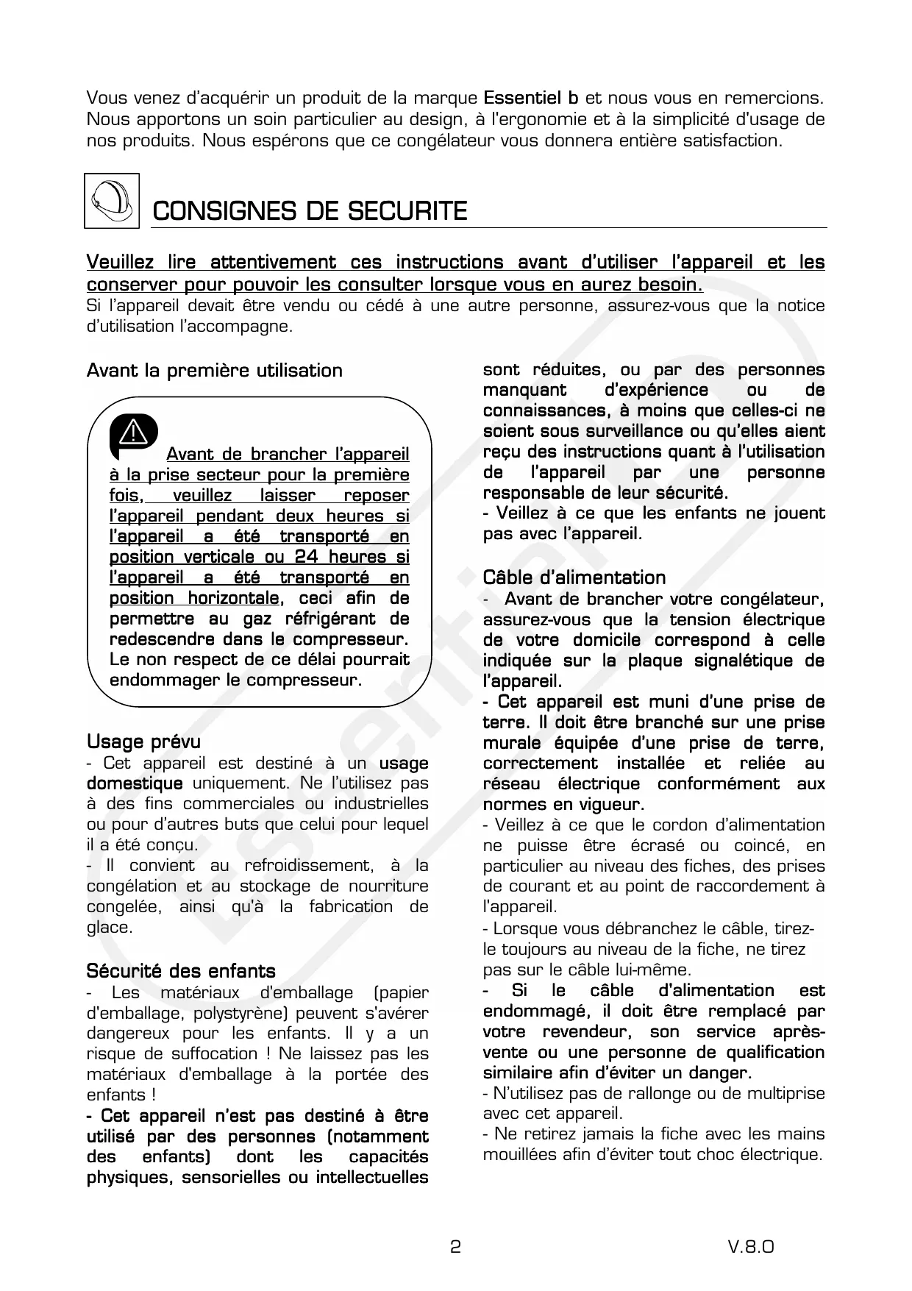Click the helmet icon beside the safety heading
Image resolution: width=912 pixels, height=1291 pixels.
(x=112, y=201)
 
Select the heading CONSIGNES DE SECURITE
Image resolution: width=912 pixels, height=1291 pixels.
(x=309, y=212)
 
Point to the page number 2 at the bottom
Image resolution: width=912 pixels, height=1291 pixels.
(x=455, y=1246)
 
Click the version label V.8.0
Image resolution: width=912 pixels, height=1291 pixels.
(x=751, y=1246)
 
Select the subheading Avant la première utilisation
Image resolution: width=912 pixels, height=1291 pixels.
(x=214, y=370)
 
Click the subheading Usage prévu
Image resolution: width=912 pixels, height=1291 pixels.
(x=143, y=741)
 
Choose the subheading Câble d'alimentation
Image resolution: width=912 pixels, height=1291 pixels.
(x=574, y=577)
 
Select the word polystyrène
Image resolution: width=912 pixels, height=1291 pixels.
(x=238, y=1013)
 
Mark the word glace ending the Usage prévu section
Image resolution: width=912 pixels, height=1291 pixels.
(x=110, y=927)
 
